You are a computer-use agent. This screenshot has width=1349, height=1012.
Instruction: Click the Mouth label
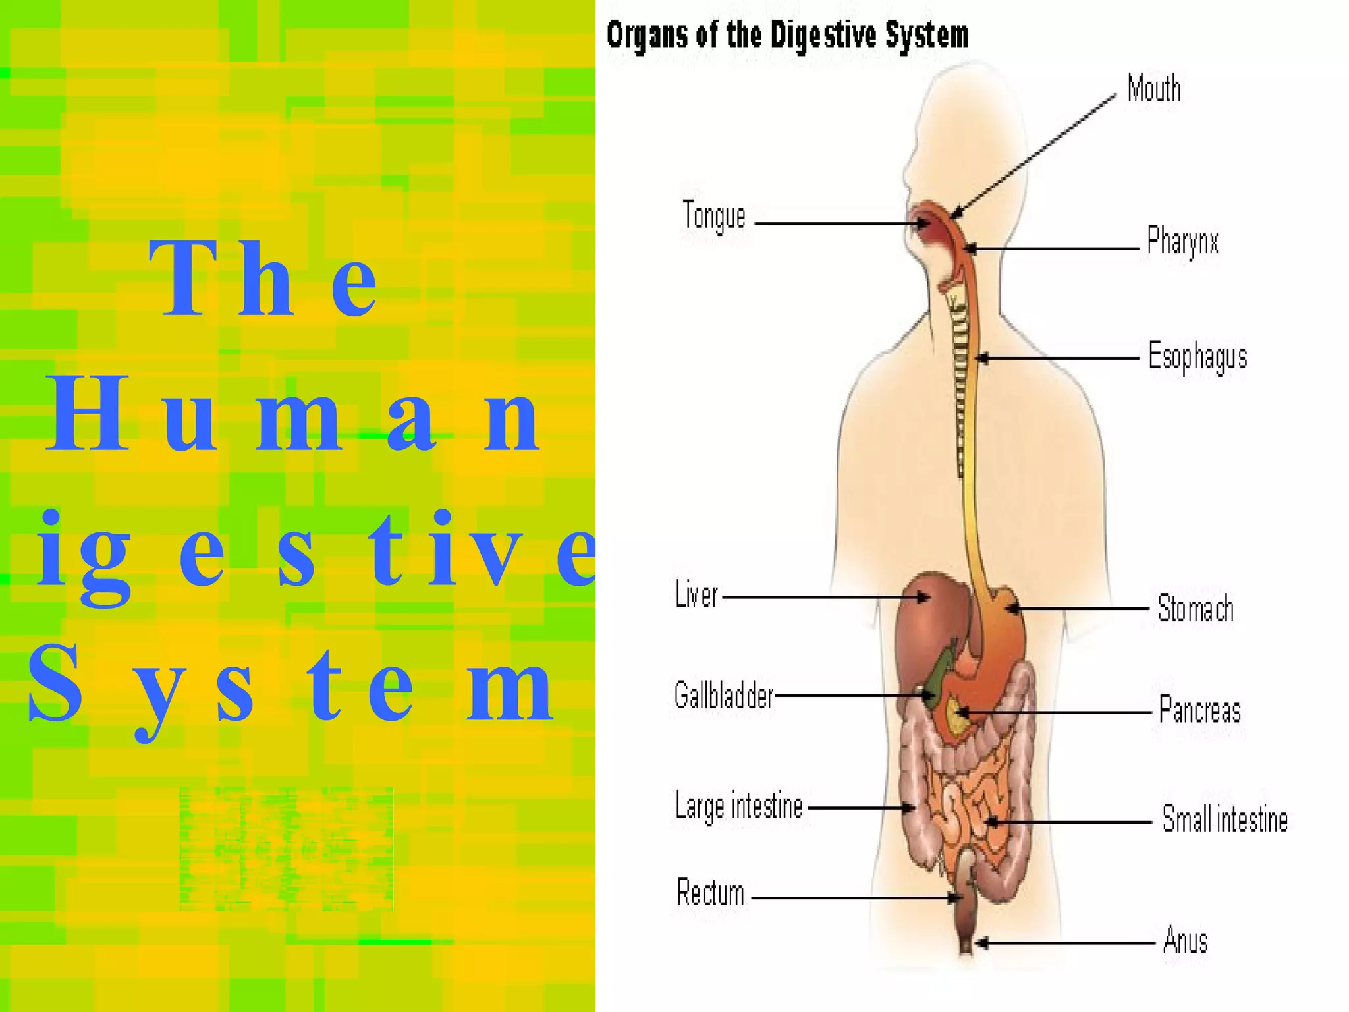(x=1154, y=89)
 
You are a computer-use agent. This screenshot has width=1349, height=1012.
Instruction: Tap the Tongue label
(x=714, y=216)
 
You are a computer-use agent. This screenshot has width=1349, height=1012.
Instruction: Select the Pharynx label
(x=1182, y=241)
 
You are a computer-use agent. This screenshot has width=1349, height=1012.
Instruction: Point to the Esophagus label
(x=1198, y=356)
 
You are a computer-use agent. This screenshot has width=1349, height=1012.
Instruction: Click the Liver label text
(x=696, y=595)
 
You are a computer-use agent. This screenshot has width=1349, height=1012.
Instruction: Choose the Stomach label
(x=1196, y=608)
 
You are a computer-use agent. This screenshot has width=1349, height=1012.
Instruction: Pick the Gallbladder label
(x=723, y=696)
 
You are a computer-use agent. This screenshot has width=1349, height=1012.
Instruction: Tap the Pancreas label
(x=1199, y=710)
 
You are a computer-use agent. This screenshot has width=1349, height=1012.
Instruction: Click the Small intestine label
(x=1225, y=820)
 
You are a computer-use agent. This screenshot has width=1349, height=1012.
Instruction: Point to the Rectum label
(x=711, y=893)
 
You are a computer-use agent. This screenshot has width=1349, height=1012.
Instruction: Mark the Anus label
(x=1185, y=940)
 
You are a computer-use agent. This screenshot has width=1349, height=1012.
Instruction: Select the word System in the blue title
(x=290, y=685)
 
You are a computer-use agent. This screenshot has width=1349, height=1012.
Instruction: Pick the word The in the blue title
(x=263, y=280)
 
